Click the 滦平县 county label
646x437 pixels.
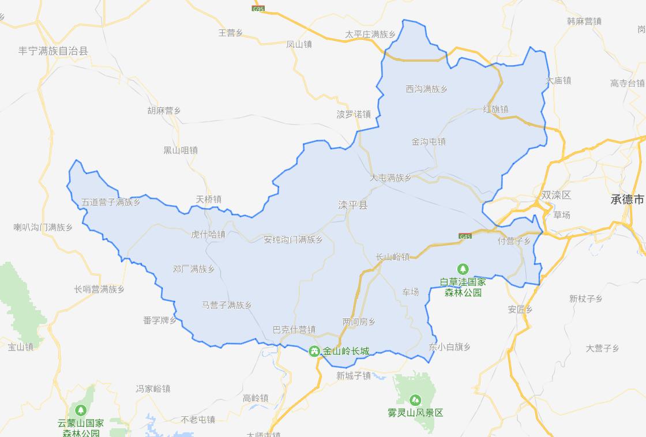pyautogui.click(x=352, y=205)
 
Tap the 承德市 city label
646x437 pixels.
pyautogui.click(x=628, y=199)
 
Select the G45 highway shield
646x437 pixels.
pyautogui.click(x=465, y=236)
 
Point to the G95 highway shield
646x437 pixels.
pyautogui.click(x=257, y=9)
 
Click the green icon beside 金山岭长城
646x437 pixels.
pyautogui.click(x=314, y=351)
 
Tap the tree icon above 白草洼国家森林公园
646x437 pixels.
pyautogui.click(x=463, y=269)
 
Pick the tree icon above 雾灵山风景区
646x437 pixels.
pyautogui.click(x=415, y=400)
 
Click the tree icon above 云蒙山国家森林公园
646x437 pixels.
pyautogui.click(x=81, y=410)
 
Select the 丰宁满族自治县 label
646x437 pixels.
pyautogui.click(x=53, y=51)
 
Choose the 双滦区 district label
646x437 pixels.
pyautogui.click(x=556, y=195)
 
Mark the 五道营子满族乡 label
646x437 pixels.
pyautogui.click(x=111, y=202)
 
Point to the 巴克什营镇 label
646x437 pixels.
pyautogui.click(x=294, y=330)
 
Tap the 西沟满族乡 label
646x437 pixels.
pyautogui.click(x=426, y=89)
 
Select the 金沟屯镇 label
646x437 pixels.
pyautogui.click(x=428, y=141)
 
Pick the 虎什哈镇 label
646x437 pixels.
pyautogui.click(x=208, y=234)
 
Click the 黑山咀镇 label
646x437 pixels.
pyautogui.click(x=181, y=150)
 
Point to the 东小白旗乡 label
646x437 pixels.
pyautogui.click(x=450, y=347)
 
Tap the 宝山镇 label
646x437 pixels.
pyautogui.click(x=21, y=347)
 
